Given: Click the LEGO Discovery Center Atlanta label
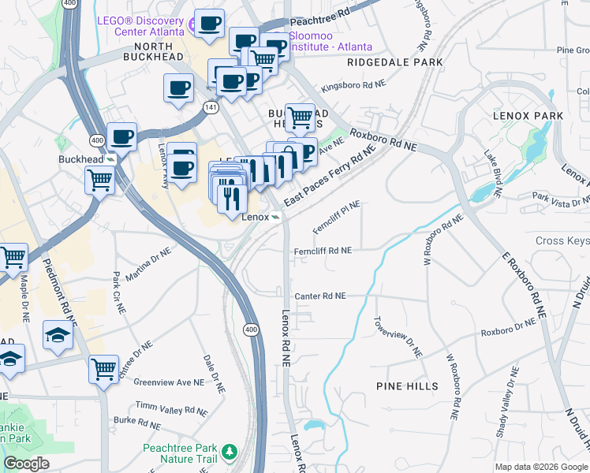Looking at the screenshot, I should click(x=140, y=26).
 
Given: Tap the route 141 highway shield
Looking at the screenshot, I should click(x=210, y=106).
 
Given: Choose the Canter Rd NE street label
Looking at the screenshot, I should click(x=320, y=296).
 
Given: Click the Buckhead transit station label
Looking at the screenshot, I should click(x=81, y=158).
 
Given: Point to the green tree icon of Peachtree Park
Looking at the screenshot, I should click(x=229, y=451).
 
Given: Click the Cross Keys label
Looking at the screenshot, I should click(x=562, y=241).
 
